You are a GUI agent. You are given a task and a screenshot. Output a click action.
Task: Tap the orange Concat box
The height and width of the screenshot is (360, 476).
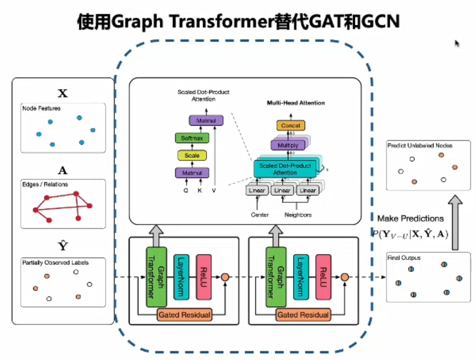point(290,125)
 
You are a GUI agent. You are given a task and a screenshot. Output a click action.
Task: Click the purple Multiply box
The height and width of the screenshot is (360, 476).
point(288,145)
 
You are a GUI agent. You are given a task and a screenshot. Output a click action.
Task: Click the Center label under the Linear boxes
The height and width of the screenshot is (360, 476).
point(260,215)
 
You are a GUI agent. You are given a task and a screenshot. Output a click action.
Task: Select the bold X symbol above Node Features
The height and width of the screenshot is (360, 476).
point(62,94)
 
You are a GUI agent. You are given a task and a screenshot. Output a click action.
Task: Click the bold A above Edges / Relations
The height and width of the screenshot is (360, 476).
point(62,171)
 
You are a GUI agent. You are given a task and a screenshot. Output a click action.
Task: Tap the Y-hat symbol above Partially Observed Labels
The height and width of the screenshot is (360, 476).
point(62,246)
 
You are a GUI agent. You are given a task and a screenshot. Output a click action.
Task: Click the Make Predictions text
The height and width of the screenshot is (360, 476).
point(410,218)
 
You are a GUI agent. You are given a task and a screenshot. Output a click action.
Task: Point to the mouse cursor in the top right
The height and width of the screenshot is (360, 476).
point(457,44)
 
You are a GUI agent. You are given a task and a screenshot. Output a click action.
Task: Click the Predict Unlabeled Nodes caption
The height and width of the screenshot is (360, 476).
point(420,145)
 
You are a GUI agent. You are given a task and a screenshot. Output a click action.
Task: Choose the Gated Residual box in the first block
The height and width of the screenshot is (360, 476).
point(184,315)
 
